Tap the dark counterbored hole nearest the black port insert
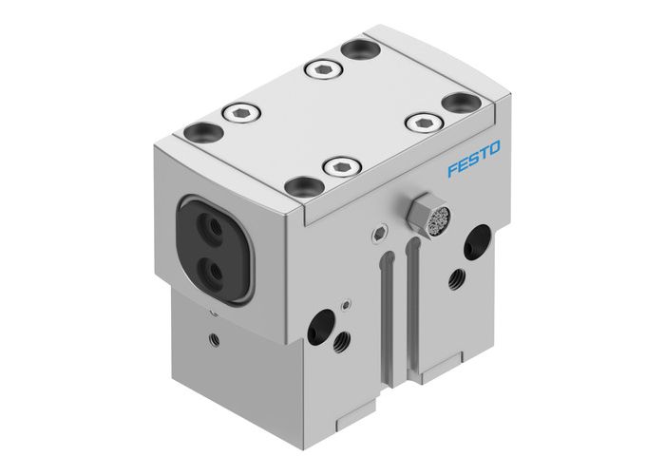[x=201, y=133]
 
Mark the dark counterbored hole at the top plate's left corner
[x=201, y=133]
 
